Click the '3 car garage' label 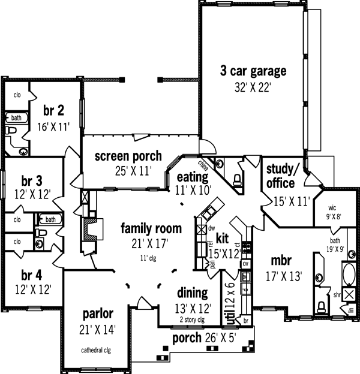click(x=253, y=71)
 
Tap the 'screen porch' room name click(x=128, y=156)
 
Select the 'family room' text click(x=151, y=228)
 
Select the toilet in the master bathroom click(x=321, y=306)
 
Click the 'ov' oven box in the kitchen click(x=245, y=264)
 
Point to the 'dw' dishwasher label click(x=211, y=228)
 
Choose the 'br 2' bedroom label click(x=53, y=110)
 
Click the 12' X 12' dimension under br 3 click(x=32, y=194)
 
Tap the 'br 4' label click(x=32, y=276)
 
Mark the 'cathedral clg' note click(x=96, y=349)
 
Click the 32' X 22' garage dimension click(x=253, y=87)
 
